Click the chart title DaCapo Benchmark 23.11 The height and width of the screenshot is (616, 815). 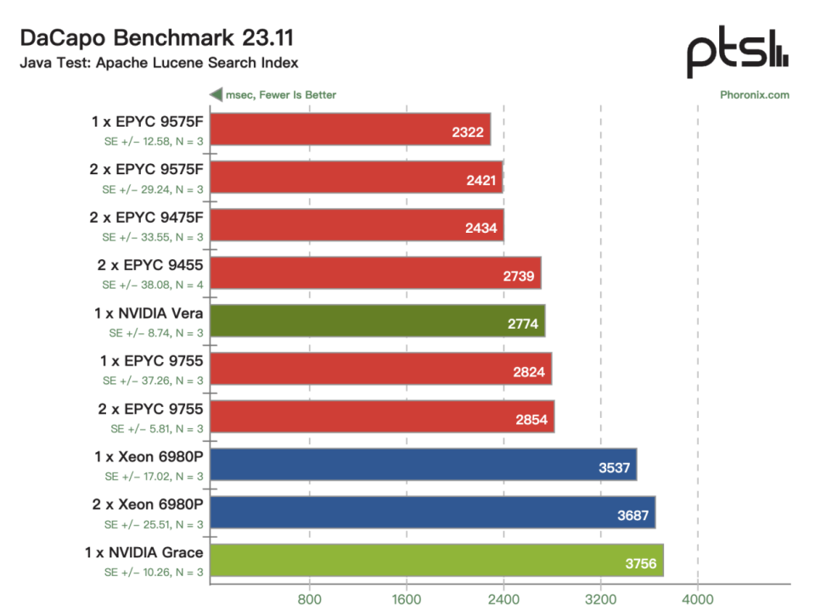pos(157,38)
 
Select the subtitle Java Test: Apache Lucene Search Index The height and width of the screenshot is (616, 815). pos(159,63)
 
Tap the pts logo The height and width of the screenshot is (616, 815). pos(738,52)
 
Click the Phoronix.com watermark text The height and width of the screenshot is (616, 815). pos(754,94)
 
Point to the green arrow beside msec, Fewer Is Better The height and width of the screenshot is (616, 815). pos(216,94)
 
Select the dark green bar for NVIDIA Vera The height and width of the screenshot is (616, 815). pos(378,321)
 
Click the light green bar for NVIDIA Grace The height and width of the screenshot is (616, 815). pos(437,560)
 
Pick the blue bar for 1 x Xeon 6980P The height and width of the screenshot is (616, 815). pos(424,465)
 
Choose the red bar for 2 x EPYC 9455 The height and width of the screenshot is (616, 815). pos(376,273)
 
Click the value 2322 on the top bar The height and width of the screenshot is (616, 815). pos(468,133)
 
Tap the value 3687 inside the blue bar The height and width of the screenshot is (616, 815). pos(633,516)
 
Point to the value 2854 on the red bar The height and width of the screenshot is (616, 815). pos(531,420)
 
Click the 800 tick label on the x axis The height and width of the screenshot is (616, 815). pos(309,599)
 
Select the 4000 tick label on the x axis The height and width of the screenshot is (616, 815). pos(698,599)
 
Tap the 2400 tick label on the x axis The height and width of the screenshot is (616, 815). pos(503,599)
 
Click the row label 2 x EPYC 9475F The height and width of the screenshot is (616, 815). pos(146,218)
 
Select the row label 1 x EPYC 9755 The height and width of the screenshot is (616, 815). pos(151,361)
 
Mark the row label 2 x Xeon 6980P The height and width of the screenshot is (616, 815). pos(148,505)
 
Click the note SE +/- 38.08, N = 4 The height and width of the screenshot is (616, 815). pos(153,285)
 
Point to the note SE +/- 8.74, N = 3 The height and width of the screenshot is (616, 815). pos(156,333)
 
